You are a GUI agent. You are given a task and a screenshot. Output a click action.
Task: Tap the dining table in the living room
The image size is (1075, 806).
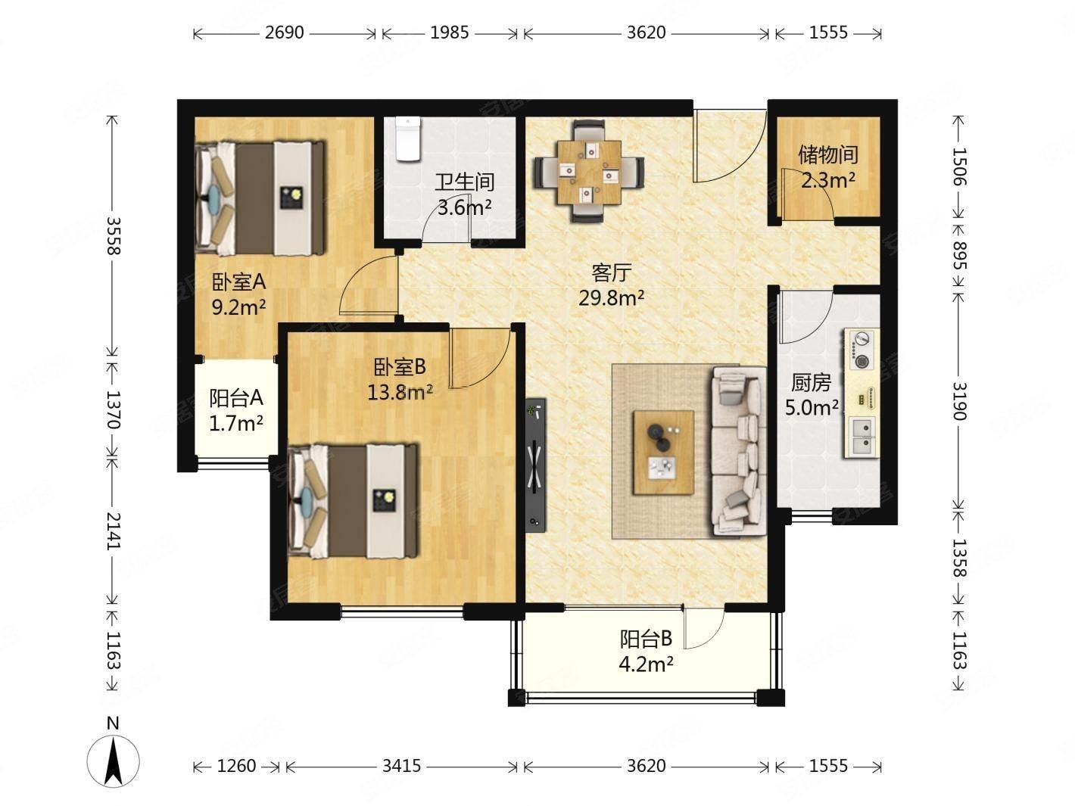[588, 173]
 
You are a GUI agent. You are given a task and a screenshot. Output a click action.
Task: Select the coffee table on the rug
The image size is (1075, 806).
[664, 452]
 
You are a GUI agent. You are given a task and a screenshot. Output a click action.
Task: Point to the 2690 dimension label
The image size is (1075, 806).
[285, 33]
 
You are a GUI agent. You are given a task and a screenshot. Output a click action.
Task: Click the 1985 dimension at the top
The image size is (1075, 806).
[450, 33]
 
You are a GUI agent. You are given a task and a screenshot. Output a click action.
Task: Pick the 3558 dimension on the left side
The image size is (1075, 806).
[113, 235]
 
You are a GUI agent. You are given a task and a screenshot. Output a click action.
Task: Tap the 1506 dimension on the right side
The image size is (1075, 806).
[959, 166]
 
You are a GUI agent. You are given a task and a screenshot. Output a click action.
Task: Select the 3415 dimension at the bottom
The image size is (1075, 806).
[401, 766]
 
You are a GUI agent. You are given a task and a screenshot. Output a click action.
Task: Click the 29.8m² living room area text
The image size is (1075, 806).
[611, 297]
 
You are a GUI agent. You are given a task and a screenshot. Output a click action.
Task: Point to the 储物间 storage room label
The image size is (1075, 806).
[828, 154]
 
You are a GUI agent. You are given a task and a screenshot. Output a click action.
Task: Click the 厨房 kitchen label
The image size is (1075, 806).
[811, 383]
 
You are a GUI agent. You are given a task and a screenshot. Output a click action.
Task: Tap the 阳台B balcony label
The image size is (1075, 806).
[647, 639]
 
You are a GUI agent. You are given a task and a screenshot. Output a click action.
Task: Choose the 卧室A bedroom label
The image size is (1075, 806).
[238, 282]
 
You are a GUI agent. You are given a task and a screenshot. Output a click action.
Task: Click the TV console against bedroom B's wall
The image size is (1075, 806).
[535, 465]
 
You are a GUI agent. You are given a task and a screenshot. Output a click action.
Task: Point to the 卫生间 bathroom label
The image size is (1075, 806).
[464, 182]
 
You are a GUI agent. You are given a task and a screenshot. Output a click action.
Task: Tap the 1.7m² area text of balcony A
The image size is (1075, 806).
[236, 423]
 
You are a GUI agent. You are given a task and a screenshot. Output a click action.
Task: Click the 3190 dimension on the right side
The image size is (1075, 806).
[959, 401]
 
